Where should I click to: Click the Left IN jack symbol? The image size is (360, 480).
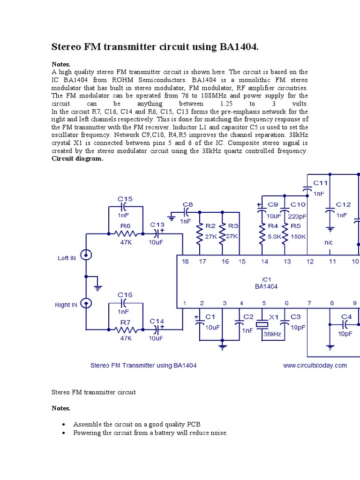86,255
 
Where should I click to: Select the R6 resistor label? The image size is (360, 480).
125,225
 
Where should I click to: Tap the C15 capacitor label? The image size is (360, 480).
125,199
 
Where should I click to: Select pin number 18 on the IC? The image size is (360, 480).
186,261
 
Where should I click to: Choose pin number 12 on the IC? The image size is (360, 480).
310,261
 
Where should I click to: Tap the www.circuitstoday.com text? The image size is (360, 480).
315,366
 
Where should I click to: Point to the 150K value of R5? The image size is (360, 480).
298,237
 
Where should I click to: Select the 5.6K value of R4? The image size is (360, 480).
274,237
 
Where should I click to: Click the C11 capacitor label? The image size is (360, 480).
321,183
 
